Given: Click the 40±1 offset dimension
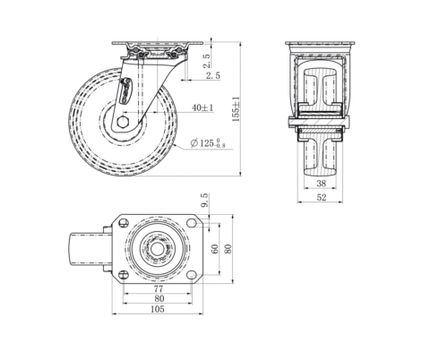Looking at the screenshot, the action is point(202,107).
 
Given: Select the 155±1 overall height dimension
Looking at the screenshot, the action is point(236,109).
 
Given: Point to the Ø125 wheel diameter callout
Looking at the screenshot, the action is point(208,143).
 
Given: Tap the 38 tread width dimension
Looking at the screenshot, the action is point(321,184).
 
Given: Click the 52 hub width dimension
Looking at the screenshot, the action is point(321,197).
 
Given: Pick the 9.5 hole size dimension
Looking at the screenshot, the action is point(204,200).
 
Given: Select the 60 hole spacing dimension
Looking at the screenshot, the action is point(215,249).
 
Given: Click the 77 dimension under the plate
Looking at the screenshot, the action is point(159,288).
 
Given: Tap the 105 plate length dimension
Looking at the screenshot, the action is point(158,309).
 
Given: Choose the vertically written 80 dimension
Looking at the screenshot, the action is point(228,249).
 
